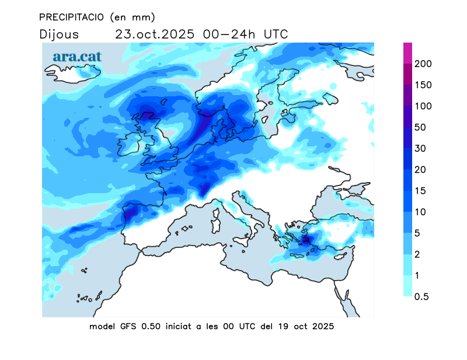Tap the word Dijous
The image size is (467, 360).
click(x=59, y=34)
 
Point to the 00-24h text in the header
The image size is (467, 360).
click(x=229, y=34)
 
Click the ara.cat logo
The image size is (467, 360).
click(x=77, y=57)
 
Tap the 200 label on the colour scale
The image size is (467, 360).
click(x=423, y=64)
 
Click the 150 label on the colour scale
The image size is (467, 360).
click(x=423, y=85)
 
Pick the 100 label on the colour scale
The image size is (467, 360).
click(x=423, y=106)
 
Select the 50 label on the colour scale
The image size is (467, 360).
click(x=420, y=127)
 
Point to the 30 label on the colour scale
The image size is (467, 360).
click(x=420, y=148)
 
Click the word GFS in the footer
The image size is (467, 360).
click(x=127, y=326)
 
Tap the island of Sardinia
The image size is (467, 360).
click(x=214, y=222)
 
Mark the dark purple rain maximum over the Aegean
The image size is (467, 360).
click(x=305, y=239)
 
